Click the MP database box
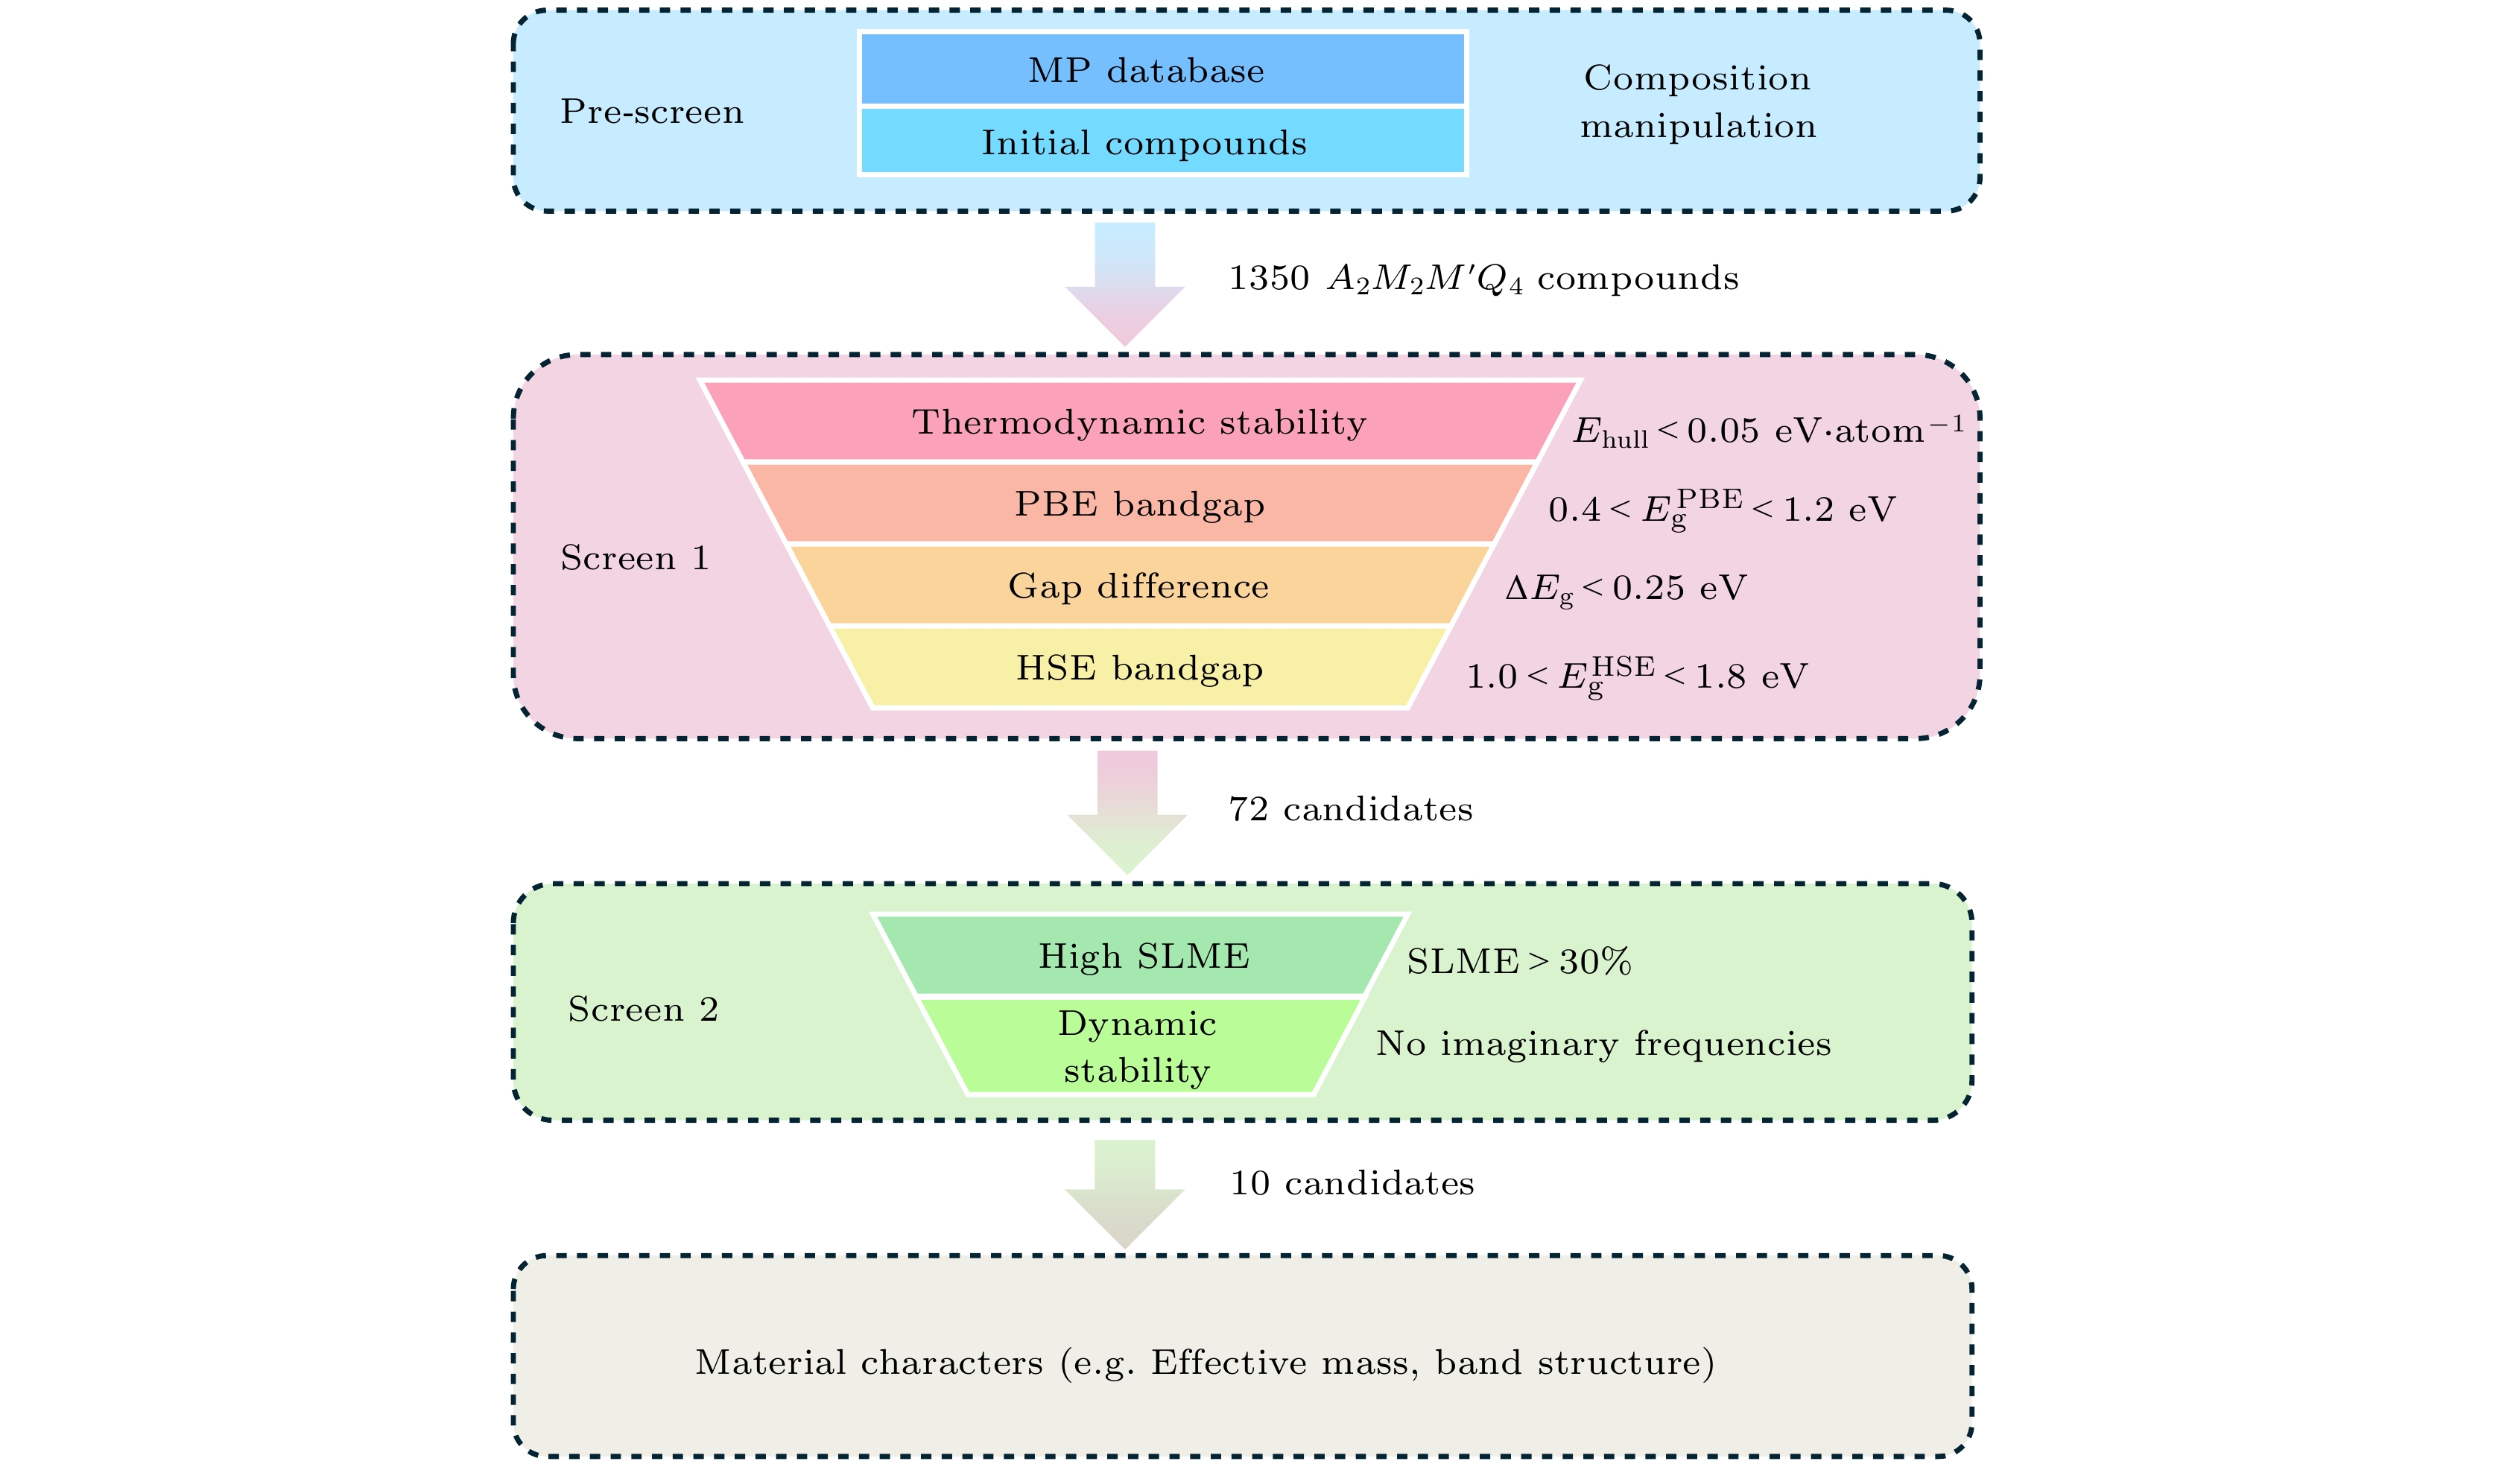tap(1162, 70)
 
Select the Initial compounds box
tap(1162, 142)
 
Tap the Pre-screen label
tap(651, 112)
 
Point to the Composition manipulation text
tap(1697, 102)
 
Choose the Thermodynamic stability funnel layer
tap(1138, 422)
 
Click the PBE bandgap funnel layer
tap(1138, 504)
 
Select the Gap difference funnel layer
tap(1138, 586)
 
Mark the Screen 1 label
tap(634, 558)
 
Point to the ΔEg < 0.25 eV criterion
tap(1626, 589)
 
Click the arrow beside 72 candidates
tap(1127, 811)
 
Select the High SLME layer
tap(1143, 957)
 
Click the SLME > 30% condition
tap(1518, 962)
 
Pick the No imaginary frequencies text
tap(1603, 1044)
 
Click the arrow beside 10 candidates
tap(1125, 1192)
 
